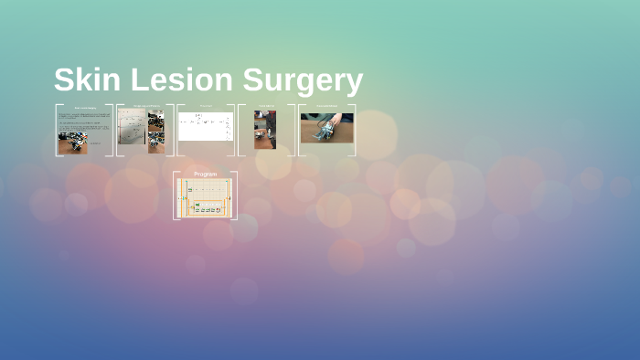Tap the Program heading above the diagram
click(x=205, y=174)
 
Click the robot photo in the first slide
click(x=73, y=144)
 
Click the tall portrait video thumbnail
click(x=265, y=130)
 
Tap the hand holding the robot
click(x=335, y=120)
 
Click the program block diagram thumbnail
click(x=205, y=197)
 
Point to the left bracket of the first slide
click(x=57, y=130)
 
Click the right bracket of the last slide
click(x=354, y=130)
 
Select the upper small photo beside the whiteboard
click(x=156, y=120)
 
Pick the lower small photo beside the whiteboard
click(x=156, y=138)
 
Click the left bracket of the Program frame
click(x=176, y=196)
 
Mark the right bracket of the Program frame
click(x=235, y=196)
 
